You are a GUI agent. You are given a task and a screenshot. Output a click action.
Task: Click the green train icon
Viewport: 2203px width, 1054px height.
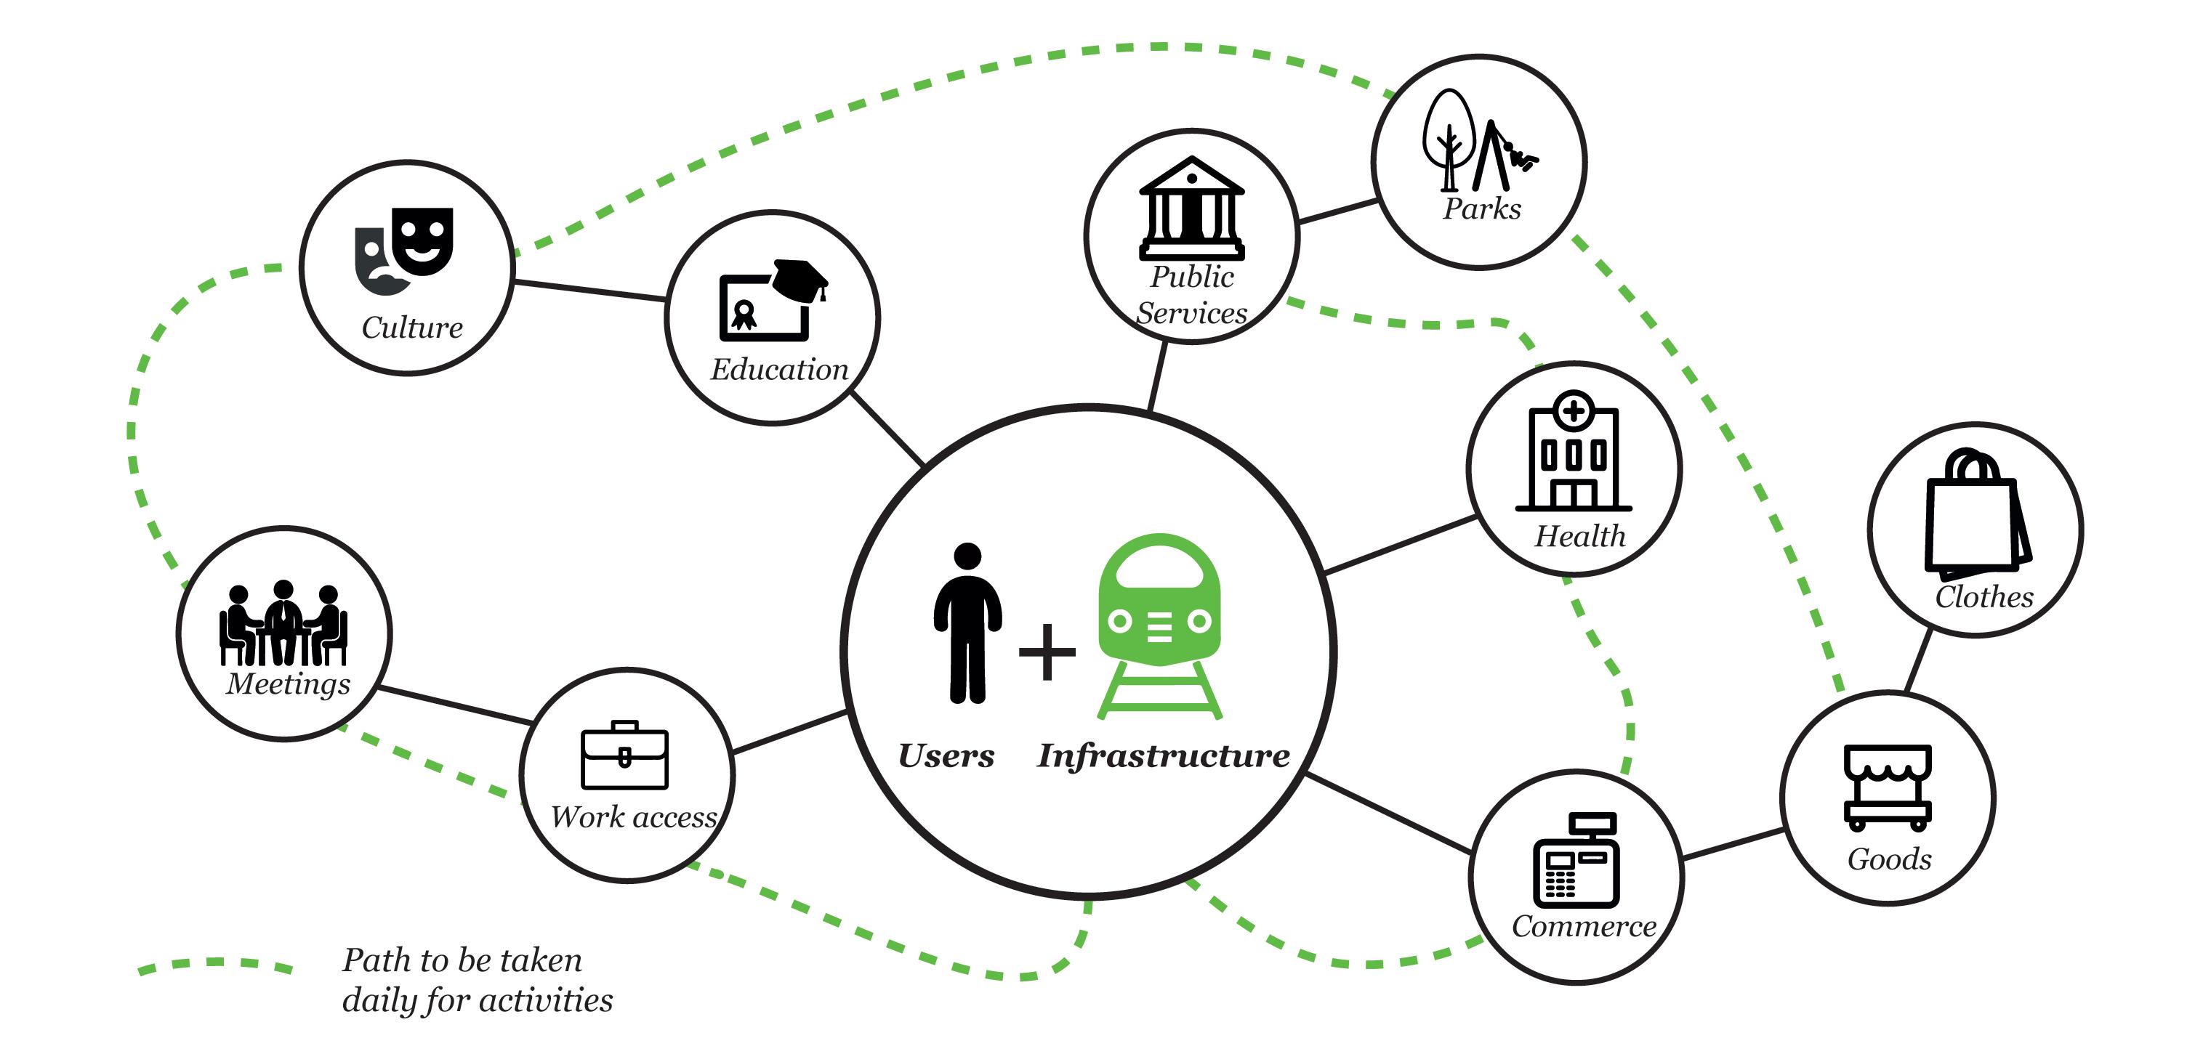coord(1160,624)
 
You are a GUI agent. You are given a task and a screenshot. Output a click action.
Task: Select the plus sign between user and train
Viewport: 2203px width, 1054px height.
coord(1047,652)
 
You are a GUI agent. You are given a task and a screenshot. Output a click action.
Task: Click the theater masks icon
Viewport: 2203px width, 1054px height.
coord(403,251)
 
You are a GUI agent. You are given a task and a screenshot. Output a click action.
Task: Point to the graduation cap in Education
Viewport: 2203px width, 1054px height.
coord(800,276)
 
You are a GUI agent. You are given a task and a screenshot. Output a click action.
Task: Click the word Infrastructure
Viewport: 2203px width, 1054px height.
coord(1163,755)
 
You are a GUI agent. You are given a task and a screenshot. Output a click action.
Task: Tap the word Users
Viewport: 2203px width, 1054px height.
coord(946,755)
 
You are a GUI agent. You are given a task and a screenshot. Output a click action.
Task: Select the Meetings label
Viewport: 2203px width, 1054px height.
coord(289,684)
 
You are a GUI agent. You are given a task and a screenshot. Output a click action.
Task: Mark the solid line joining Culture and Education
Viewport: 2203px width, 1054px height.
coord(590,290)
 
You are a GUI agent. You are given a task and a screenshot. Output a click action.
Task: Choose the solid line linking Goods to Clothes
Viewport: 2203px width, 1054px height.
coord(1918,661)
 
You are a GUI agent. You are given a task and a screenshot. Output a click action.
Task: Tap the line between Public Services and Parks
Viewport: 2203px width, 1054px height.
coord(1337,211)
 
